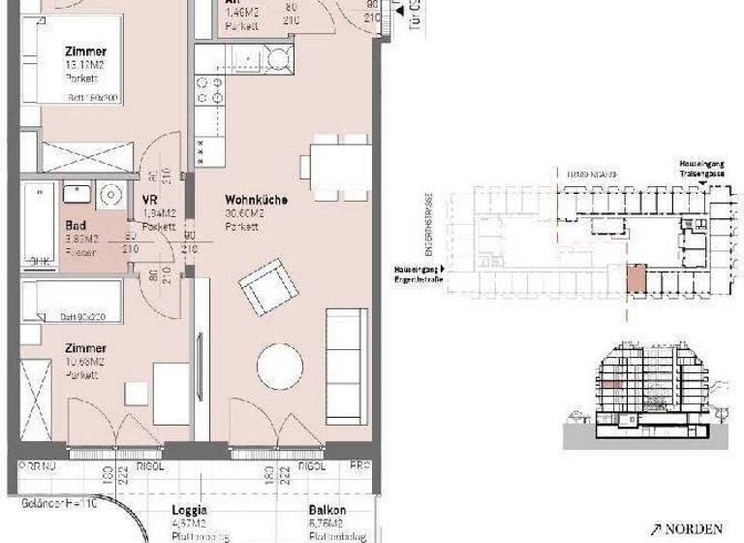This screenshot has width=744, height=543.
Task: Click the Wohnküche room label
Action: tap(259, 200)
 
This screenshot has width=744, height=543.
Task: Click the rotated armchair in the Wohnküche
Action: tap(268, 287)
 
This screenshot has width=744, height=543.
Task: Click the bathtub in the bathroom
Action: tap(40, 225)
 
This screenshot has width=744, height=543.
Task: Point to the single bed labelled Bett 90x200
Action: tap(71, 302)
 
